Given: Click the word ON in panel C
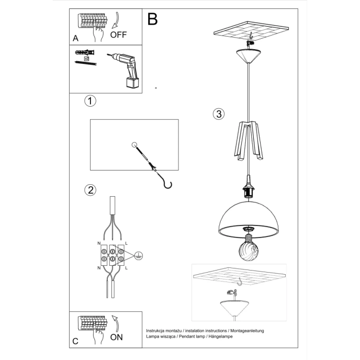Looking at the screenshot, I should (x=117, y=337).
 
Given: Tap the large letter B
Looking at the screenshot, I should (x=152, y=19).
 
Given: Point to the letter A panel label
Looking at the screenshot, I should (x=75, y=39).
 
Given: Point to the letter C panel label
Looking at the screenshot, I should (x=75, y=342).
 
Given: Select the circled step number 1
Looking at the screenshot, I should (x=90, y=101).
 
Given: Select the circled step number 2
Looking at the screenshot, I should (x=90, y=190).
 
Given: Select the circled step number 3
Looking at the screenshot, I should (x=218, y=114).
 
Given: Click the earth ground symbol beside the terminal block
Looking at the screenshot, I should (x=138, y=255).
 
